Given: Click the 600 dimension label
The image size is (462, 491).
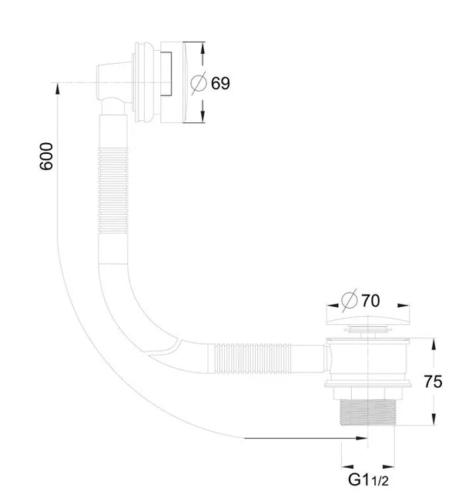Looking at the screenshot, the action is pyautogui.click(x=46, y=156).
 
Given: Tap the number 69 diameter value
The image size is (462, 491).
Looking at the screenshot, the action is pyautogui.click(x=220, y=83).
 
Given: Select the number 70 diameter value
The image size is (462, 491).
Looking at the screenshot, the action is pyautogui.click(x=370, y=301).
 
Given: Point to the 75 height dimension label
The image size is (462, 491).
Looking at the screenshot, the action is pyautogui.click(x=433, y=382).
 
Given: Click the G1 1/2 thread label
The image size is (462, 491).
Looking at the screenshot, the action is pyautogui.click(x=368, y=479).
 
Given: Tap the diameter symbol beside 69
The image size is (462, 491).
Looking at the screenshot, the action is pyautogui.click(x=199, y=83).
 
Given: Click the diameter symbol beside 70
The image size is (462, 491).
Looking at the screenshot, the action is pyautogui.click(x=350, y=300).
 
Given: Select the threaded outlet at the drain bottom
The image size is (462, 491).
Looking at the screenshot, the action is pyautogui.click(x=368, y=412).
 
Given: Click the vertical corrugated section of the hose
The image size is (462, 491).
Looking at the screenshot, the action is pyautogui.click(x=113, y=190).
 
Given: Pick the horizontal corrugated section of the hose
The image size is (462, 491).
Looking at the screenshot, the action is pyautogui.click(x=253, y=359).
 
